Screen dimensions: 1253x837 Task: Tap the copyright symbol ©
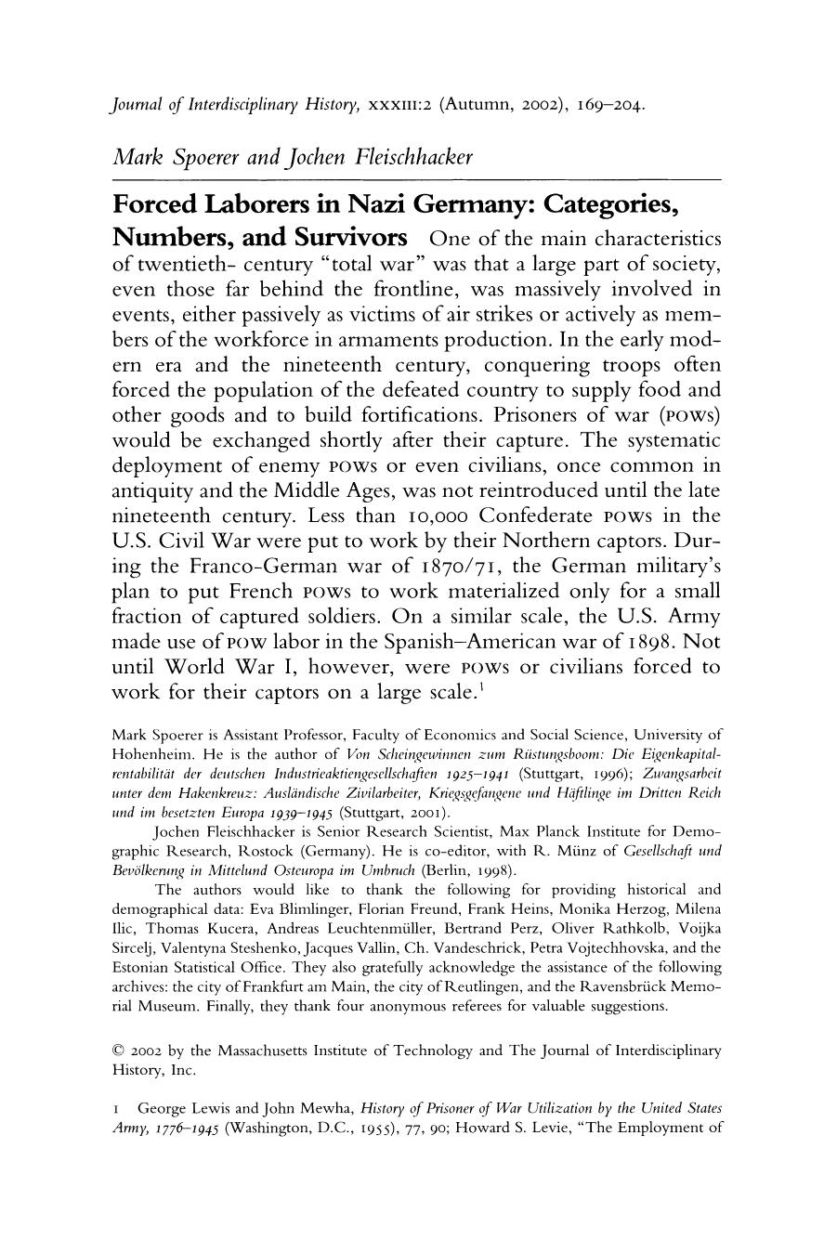118,1051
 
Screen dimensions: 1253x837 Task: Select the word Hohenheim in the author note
145,753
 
